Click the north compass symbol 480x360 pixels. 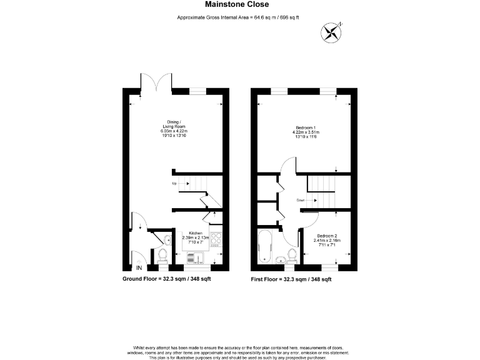(331, 31)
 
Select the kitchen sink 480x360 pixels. (194, 257)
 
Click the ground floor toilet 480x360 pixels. (162, 254)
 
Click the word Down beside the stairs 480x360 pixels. (301, 200)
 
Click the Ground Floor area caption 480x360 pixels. (166, 279)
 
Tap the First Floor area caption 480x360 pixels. (291, 279)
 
